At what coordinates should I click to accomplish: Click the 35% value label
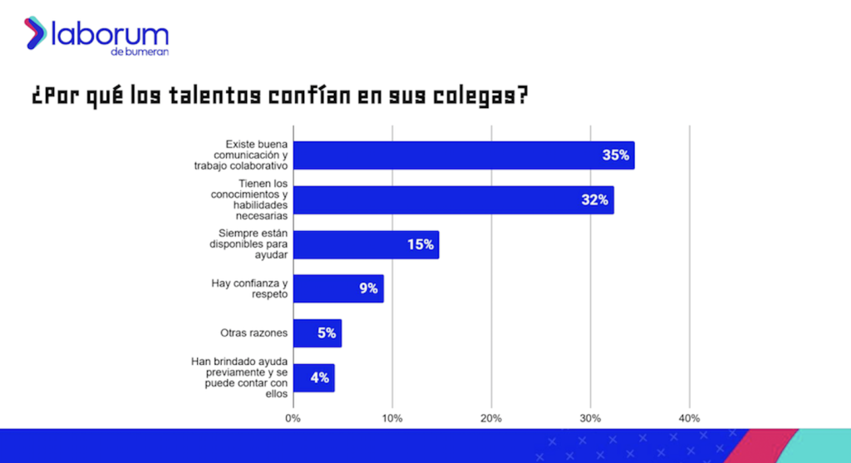tap(617, 155)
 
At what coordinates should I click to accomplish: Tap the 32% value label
tap(595, 200)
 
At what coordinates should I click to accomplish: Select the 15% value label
tap(421, 245)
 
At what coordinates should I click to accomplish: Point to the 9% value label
tap(369, 288)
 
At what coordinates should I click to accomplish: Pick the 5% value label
tap(326, 333)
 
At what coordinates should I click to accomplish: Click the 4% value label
tap(320, 377)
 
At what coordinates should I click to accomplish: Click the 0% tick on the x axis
tap(293, 418)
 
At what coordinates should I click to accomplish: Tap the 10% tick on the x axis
tap(392, 418)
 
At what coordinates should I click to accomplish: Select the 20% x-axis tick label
tap(491, 418)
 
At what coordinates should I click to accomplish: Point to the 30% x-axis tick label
tap(590, 418)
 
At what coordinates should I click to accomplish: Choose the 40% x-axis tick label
tap(689, 418)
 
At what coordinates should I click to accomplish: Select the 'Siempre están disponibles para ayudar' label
tap(248, 245)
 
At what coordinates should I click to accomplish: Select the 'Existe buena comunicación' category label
tap(245, 155)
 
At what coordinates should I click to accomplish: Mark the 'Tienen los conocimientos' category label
tap(248, 199)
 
